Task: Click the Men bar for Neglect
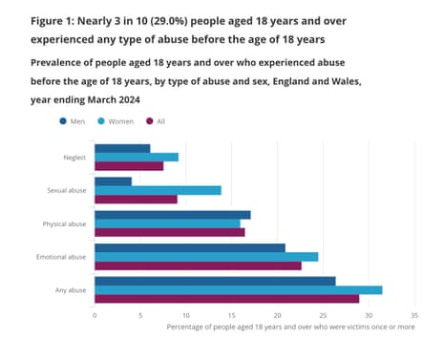click(122, 148)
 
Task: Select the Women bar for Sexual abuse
click(158, 190)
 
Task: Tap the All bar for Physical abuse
click(169, 232)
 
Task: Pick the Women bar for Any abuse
click(238, 289)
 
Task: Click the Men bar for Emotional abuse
click(189, 247)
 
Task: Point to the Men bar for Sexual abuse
click(113, 181)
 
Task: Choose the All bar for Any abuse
click(226, 299)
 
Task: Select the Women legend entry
click(117, 121)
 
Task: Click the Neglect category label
click(74, 158)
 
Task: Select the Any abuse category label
click(70, 290)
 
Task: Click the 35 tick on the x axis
click(413, 314)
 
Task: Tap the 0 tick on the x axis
click(95, 314)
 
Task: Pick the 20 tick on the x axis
click(277, 314)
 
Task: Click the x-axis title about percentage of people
click(290, 327)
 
